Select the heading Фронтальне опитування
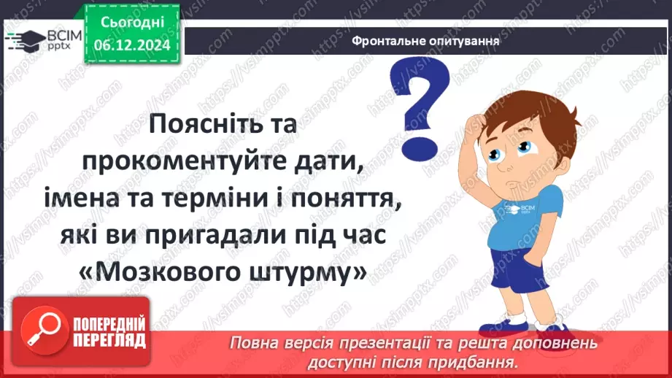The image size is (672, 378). [x=425, y=41]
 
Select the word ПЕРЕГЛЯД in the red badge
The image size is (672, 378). [x=109, y=340]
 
